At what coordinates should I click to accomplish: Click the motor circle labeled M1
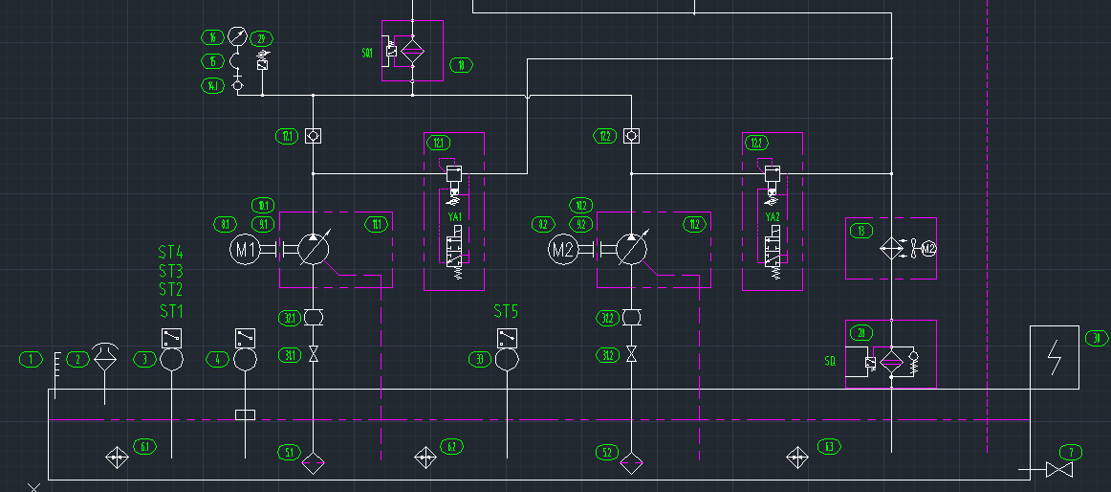(246, 251)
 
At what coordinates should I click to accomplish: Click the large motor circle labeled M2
(563, 251)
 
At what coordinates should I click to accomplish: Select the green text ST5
(506, 311)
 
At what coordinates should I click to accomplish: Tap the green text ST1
(170, 311)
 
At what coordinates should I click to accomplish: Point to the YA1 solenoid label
(455, 217)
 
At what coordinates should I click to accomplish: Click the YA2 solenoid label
(773, 217)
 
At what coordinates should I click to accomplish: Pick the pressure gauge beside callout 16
(237, 37)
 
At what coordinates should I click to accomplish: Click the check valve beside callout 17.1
(313, 136)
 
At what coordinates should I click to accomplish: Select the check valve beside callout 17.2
(630, 136)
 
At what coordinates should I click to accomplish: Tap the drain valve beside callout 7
(1058, 470)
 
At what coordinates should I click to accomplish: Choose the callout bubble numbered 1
(32, 359)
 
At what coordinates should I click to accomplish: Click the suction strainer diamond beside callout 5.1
(313, 464)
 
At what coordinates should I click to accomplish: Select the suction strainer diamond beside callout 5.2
(630, 464)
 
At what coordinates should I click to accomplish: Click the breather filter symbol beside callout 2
(105, 355)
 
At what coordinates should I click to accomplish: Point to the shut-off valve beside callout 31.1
(313, 355)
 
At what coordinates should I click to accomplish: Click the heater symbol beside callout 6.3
(796, 458)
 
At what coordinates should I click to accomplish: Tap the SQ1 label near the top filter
(367, 53)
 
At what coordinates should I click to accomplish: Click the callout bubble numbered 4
(220, 359)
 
